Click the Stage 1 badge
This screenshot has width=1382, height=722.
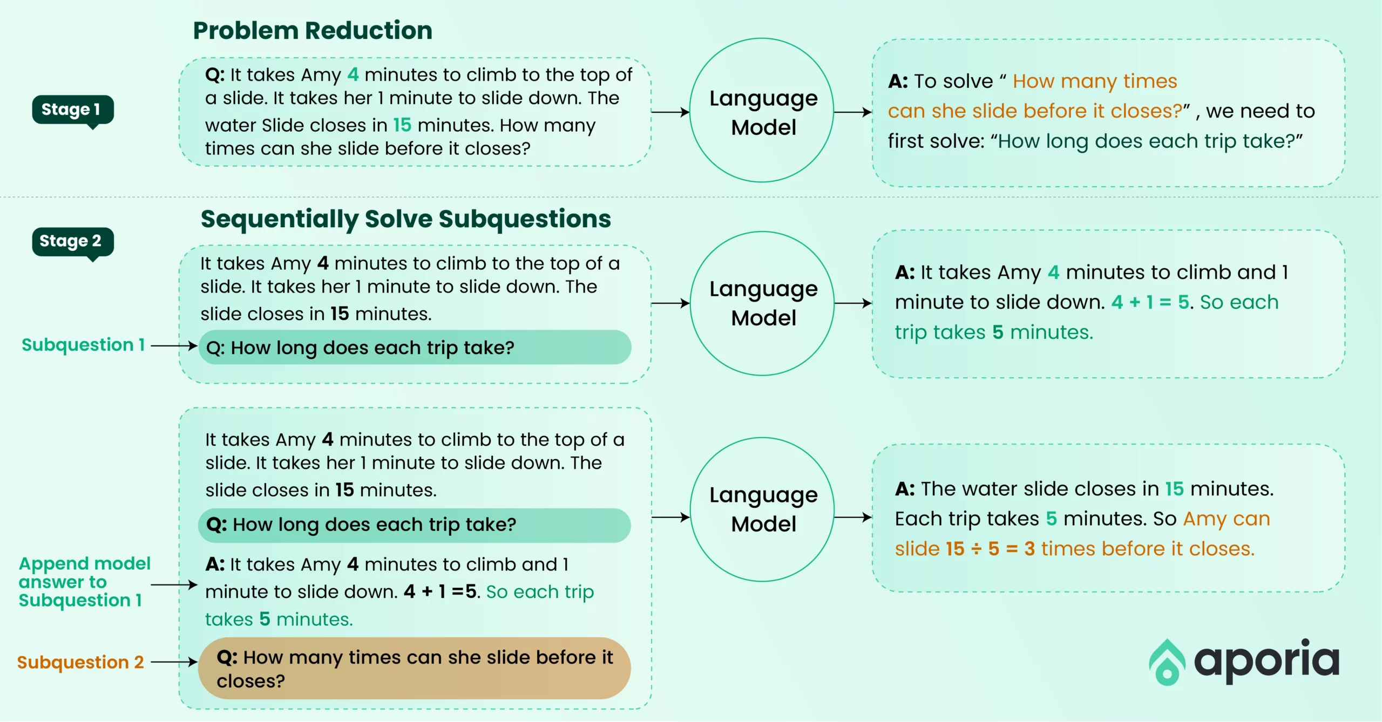73,111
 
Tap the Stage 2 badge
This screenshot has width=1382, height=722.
73,242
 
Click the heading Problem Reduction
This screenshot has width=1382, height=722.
313,31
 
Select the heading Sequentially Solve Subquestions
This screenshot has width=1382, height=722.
405,220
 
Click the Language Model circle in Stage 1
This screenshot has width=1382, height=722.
762,39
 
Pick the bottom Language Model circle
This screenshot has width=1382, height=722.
762,438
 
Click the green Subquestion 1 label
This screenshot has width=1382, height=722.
83,345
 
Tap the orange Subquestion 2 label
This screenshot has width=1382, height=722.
80,662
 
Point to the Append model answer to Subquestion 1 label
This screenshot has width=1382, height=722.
84,582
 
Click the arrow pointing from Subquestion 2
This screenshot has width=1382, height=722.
174,662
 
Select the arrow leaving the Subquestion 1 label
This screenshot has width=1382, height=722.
174,345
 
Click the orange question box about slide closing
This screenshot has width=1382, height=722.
414,669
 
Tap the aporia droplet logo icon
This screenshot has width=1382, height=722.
1167,663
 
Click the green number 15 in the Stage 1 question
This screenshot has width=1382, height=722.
402,125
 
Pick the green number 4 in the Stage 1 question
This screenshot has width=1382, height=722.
353,74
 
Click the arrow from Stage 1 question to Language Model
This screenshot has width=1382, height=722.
670,112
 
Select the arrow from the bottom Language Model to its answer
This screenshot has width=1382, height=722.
853,517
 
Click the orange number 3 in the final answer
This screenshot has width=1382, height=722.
1029,549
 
